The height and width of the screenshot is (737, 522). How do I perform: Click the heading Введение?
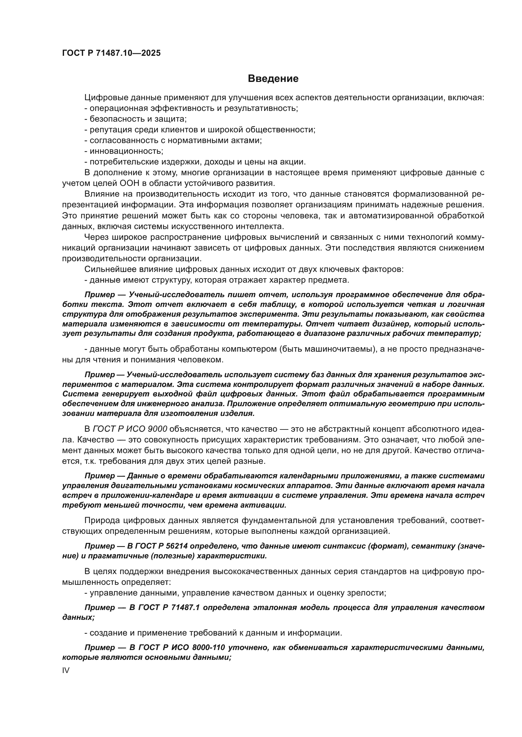[x=273, y=79]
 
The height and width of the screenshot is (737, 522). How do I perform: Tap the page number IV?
[x=66, y=670]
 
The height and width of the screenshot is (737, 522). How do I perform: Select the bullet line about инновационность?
[x=124, y=151]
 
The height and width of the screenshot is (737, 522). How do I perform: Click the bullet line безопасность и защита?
[x=135, y=119]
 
